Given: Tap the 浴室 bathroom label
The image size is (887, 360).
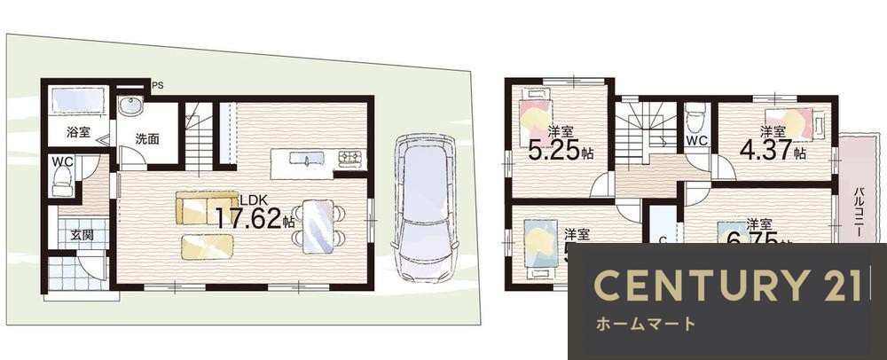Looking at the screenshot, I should click(78, 133).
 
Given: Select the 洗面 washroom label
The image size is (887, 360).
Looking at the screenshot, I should click(146, 139).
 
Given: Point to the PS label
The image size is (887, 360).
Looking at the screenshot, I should click(158, 86).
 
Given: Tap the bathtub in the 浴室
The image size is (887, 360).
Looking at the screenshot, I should click(79, 100).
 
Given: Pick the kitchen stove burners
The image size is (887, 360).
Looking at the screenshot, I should click(348, 160).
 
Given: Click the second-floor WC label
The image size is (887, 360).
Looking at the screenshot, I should click(695, 140).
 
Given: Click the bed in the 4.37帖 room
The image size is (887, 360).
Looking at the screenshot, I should click(795, 122).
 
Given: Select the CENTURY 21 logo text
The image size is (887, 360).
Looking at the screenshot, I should click(726, 286).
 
